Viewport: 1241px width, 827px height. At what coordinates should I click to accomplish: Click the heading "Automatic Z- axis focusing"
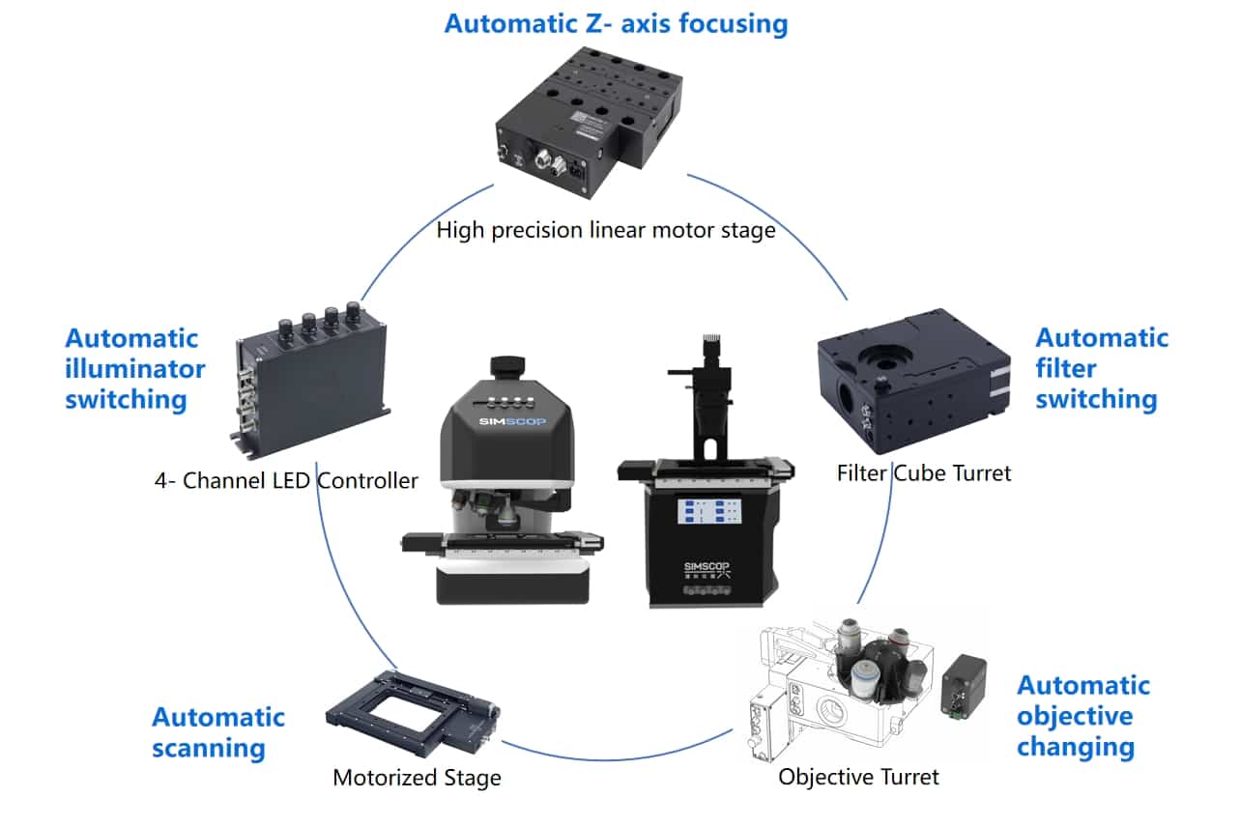click(x=616, y=23)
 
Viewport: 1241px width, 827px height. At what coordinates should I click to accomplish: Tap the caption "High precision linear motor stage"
click(x=606, y=231)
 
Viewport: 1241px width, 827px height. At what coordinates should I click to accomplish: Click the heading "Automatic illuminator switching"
click(x=135, y=368)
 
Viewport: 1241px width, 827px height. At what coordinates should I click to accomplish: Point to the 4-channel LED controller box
click(x=309, y=382)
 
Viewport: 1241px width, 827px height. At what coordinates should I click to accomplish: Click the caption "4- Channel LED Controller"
click(x=286, y=480)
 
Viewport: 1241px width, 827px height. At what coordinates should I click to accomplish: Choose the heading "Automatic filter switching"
click(x=1101, y=368)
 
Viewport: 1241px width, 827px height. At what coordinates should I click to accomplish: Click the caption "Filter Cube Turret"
click(x=924, y=473)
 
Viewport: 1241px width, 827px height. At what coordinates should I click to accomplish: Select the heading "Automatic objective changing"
click(x=1082, y=716)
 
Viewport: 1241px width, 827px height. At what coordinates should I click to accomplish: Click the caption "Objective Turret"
click(x=858, y=776)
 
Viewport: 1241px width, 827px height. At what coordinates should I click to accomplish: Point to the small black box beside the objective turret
click(x=964, y=687)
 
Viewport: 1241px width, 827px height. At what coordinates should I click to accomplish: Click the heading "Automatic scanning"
click(x=218, y=731)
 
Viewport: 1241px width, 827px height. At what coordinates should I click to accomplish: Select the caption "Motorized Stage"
click(x=417, y=778)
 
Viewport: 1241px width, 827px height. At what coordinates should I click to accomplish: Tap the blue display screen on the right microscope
click(x=708, y=512)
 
